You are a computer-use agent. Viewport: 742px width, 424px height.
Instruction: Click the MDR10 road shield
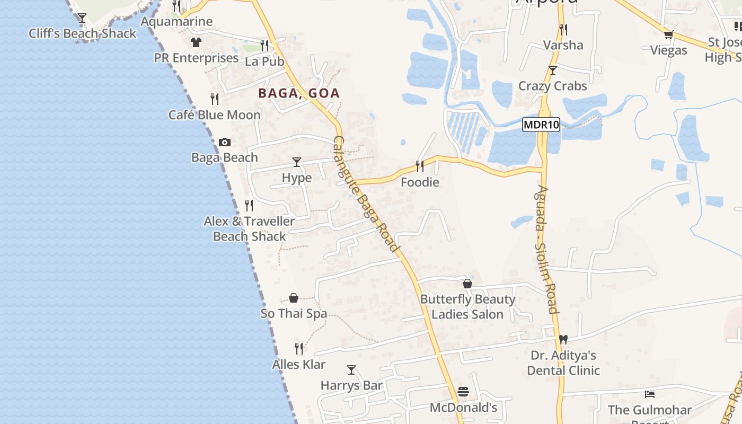pyautogui.click(x=541, y=125)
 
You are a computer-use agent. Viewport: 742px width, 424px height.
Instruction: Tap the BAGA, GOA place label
pyautogui.click(x=299, y=93)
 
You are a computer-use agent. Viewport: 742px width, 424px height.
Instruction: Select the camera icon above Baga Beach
pyautogui.click(x=225, y=142)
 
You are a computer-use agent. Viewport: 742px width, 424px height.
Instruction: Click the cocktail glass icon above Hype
pyautogui.click(x=297, y=162)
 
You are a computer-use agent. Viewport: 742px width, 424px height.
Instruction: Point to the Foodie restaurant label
pyautogui.click(x=420, y=182)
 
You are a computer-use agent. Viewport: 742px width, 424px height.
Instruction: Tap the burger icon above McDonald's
pyautogui.click(x=463, y=392)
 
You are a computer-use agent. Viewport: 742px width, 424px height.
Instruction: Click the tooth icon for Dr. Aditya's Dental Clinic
pyautogui.click(x=563, y=339)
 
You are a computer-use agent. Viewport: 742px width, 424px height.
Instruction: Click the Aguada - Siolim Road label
pyautogui.click(x=546, y=249)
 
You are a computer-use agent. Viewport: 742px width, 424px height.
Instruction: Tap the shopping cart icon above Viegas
pyautogui.click(x=668, y=35)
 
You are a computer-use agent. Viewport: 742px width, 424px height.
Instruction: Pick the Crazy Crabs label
pyautogui.click(x=552, y=86)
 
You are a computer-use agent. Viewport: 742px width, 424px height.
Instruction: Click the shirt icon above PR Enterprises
pyautogui.click(x=196, y=42)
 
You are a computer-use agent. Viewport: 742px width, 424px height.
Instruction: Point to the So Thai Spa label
pyautogui.click(x=294, y=314)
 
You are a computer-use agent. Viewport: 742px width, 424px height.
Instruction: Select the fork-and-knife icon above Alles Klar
pyautogui.click(x=299, y=348)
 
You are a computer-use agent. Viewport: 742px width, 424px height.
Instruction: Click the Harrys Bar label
pyautogui.click(x=351, y=385)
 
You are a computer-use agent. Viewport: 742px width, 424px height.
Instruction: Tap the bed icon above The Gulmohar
pyautogui.click(x=650, y=394)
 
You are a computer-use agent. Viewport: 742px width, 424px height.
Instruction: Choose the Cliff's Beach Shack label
pyautogui.click(x=82, y=33)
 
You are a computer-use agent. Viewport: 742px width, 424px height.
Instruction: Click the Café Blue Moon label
pyautogui.click(x=215, y=115)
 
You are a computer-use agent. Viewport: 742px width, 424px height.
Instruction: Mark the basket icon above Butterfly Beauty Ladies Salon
pyautogui.click(x=467, y=284)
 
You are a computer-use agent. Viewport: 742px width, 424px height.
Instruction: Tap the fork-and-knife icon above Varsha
pyautogui.click(x=563, y=29)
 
